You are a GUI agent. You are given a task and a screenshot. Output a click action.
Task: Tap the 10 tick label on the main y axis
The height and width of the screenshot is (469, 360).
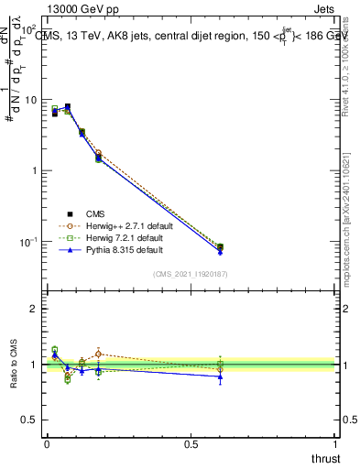(x=29, y=100)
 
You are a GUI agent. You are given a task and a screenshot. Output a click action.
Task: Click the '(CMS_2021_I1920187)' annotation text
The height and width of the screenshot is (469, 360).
(x=190, y=273)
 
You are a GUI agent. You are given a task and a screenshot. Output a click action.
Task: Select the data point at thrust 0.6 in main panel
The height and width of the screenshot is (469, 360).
(x=220, y=247)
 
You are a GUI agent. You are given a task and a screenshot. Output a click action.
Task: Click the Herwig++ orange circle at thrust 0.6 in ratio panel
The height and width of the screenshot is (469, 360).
(x=220, y=370)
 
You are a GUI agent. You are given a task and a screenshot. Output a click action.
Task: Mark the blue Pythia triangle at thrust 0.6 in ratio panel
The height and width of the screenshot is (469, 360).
(x=220, y=376)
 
